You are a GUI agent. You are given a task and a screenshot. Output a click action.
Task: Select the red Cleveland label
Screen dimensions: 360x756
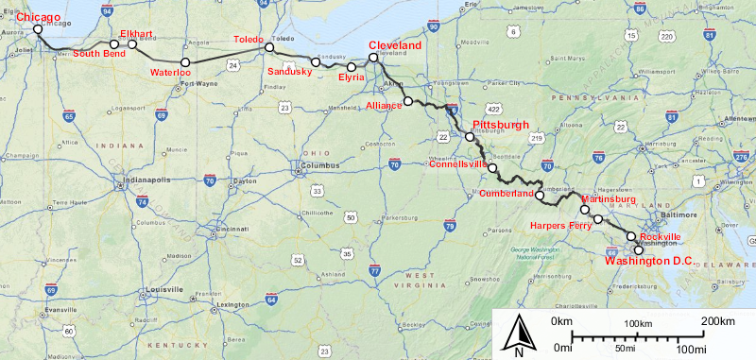[x=394, y=45]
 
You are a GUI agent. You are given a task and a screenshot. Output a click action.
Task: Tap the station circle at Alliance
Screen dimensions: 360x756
[x=408, y=100]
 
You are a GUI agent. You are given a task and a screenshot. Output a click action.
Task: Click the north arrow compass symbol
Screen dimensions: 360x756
[x=520, y=334]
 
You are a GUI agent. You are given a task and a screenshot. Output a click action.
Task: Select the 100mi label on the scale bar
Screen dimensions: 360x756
[x=691, y=350]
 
